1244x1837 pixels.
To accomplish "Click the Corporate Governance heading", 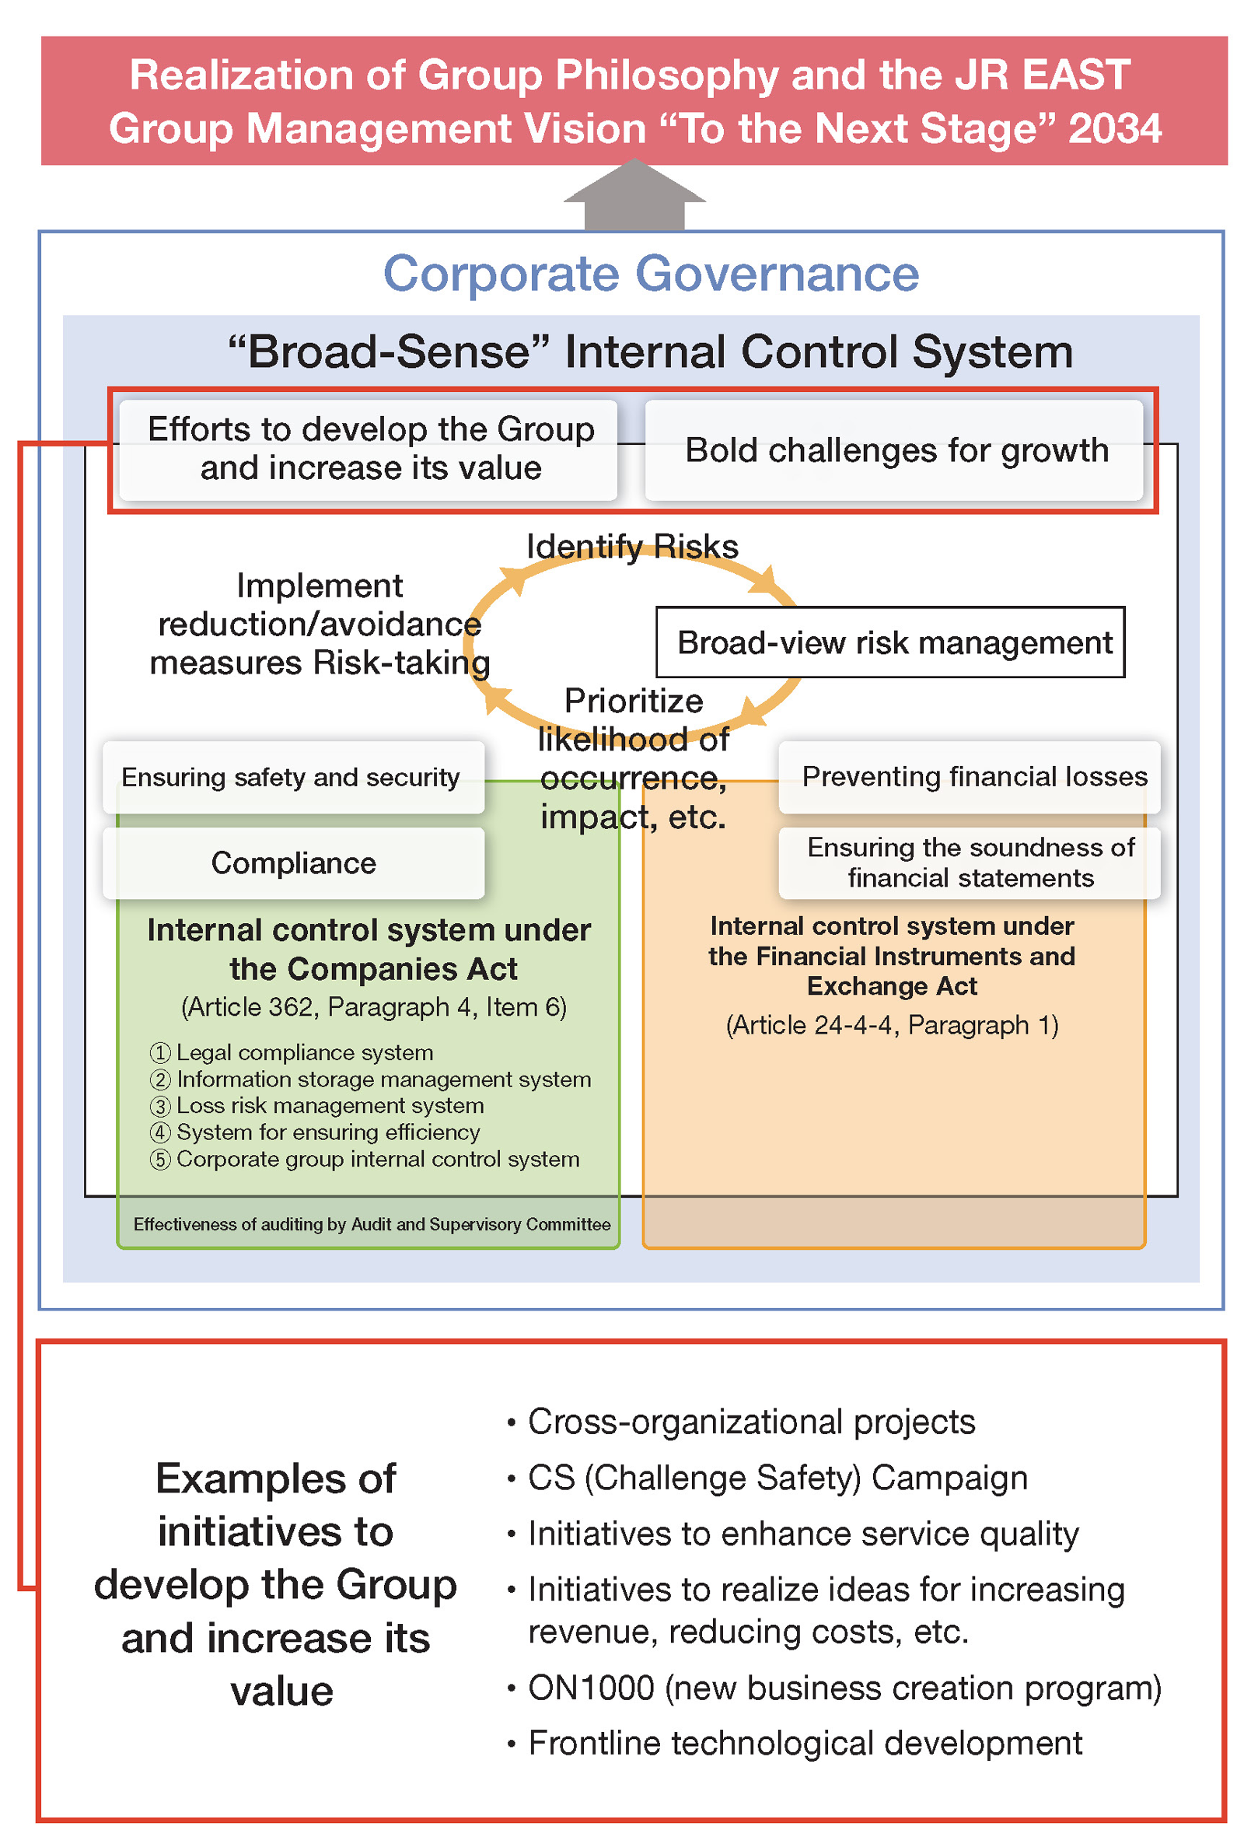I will pos(651,275).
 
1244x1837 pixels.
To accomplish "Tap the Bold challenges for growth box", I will pos(896,450).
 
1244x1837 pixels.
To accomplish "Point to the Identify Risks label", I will pos(632,546).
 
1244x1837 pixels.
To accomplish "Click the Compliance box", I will pos(293,863).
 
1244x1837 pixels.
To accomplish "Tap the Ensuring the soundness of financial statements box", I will pos(970,863).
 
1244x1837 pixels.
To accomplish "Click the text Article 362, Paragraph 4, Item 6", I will pos(373,1007).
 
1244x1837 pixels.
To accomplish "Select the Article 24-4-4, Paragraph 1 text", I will pos(892,1025).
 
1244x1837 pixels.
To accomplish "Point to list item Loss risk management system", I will pos(330,1106).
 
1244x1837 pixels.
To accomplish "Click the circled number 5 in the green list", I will pos(160,1160).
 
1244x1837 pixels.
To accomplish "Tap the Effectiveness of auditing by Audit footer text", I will pos(372,1224).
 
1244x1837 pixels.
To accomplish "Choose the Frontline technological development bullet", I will pos(805,1744).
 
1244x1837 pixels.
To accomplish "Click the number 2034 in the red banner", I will pos(1114,129).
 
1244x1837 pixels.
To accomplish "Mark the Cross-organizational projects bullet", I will pos(751,1422).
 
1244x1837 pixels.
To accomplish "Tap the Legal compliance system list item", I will pos(304,1053).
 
